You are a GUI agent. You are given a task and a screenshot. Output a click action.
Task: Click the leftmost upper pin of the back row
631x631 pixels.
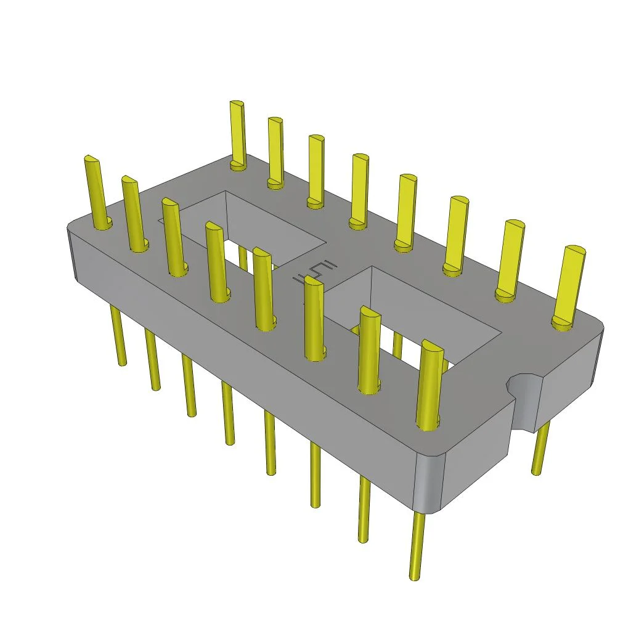point(238,132)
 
